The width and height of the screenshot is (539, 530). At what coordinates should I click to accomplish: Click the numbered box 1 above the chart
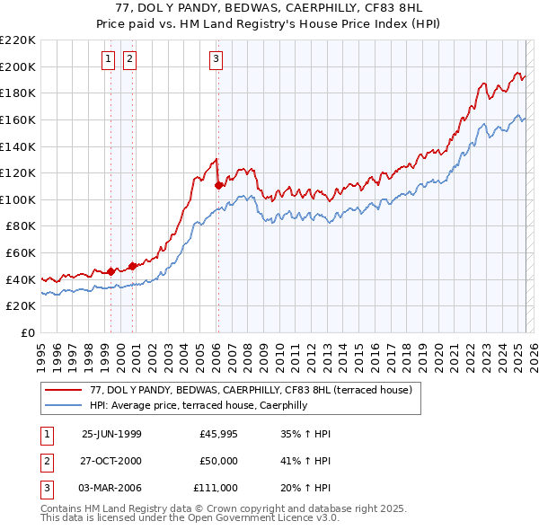(x=108, y=60)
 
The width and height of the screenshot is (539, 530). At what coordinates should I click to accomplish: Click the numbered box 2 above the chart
(x=129, y=60)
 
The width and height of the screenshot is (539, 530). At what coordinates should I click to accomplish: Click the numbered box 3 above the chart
(x=216, y=60)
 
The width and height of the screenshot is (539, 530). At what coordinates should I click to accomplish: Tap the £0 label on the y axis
(x=29, y=332)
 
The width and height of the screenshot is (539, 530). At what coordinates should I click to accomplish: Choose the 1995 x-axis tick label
(x=40, y=351)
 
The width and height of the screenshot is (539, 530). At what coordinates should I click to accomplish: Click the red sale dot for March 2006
(x=218, y=185)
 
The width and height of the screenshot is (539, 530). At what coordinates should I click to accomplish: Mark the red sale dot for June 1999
(x=111, y=271)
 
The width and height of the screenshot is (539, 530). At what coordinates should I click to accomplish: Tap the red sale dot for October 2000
(x=132, y=266)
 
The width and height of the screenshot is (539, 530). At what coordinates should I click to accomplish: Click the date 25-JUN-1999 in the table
(x=111, y=434)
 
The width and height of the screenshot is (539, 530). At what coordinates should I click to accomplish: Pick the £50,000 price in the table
(x=219, y=461)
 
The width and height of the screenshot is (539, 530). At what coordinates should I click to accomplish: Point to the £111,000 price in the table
(x=216, y=488)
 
